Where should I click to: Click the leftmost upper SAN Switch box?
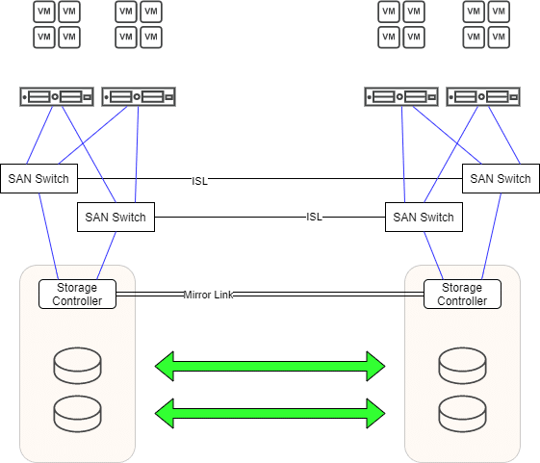[39, 178]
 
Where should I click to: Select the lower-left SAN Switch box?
[116, 217]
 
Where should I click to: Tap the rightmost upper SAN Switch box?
[501, 178]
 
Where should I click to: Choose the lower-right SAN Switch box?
[424, 217]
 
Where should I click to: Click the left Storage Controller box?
[77, 294]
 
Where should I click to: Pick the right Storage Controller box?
[462, 294]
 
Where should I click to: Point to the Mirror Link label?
[208, 295]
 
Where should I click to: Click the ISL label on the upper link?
[200, 181]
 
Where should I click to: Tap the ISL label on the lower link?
[314, 217]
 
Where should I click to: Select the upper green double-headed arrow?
[270, 366]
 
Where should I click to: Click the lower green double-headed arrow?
[270, 413]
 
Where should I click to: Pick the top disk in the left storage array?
[78, 366]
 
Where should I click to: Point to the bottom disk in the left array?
[78, 414]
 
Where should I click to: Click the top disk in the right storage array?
[462, 366]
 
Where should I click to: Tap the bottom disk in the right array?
[462, 414]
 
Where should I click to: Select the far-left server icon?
[57, 97]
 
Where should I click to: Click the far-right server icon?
[483, 97]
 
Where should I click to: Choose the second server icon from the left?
[139, 97]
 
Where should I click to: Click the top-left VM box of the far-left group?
[44, 12]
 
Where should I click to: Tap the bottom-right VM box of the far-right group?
[499, 38]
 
